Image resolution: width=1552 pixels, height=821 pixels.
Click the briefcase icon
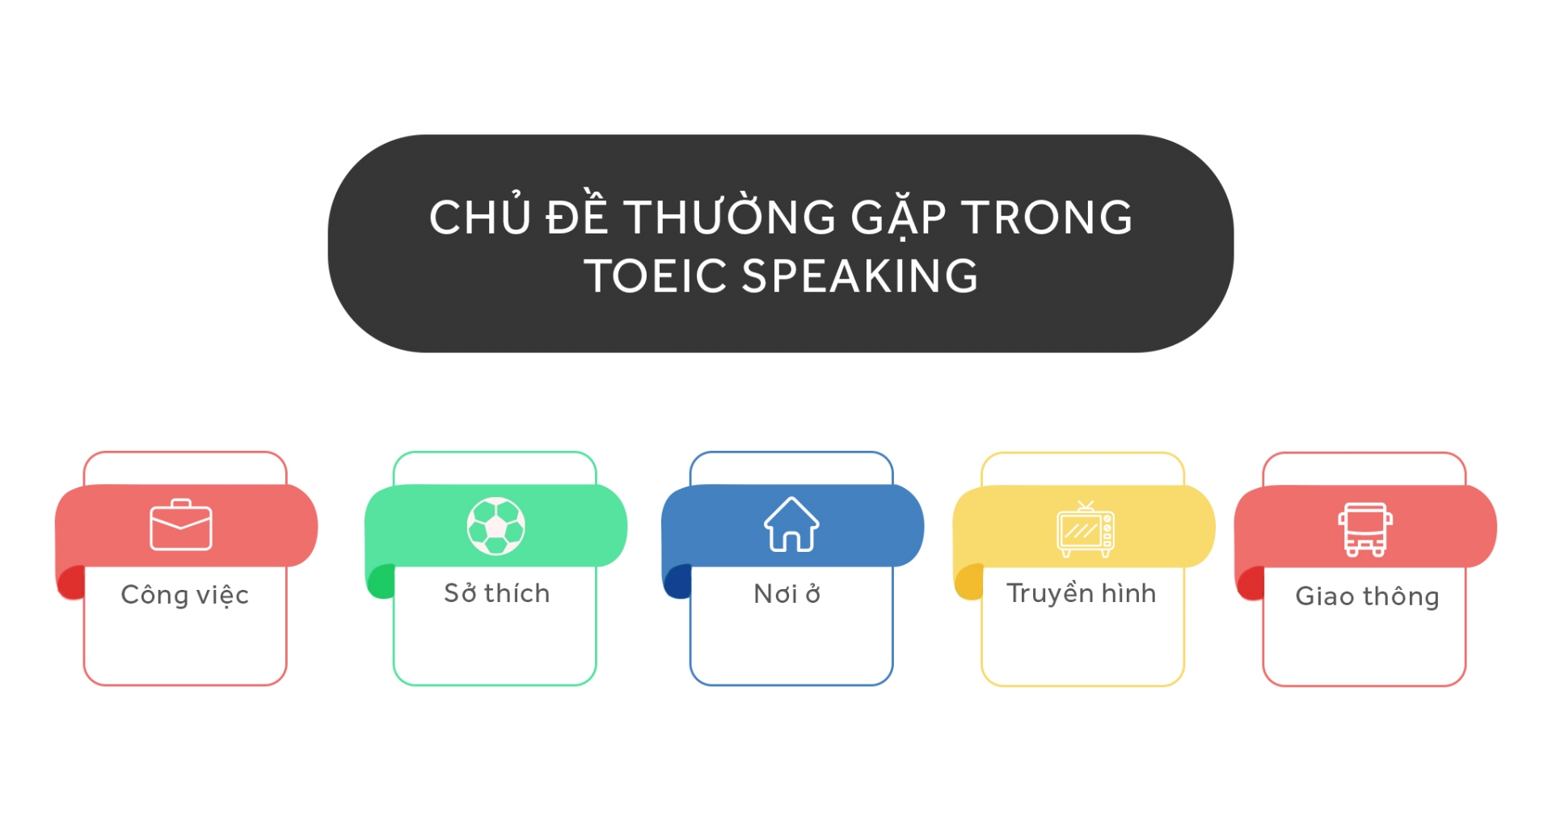[x=181, y=525]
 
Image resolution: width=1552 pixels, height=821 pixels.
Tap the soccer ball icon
[x=496, y=526]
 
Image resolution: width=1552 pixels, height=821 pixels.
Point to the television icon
[x=1085, y=529]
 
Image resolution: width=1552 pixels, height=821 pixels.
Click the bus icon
[x=1365, y=529]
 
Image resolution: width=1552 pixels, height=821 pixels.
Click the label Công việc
[x=184, y=595]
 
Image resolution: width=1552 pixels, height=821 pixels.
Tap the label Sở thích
[x=496, y=593]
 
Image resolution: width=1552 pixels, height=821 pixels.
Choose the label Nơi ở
[x=787, y=594]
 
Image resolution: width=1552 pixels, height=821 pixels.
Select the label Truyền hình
[x=1081, y=593]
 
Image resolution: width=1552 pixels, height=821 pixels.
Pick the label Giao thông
[x=1367, y=596]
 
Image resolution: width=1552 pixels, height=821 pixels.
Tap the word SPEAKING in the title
[x=860, y=276]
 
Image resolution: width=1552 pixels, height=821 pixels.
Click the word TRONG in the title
[x=1047, y=217]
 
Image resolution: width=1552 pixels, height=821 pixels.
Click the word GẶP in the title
[x=898, y=217]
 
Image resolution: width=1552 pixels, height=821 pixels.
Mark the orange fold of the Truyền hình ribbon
[x=968, y=583]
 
